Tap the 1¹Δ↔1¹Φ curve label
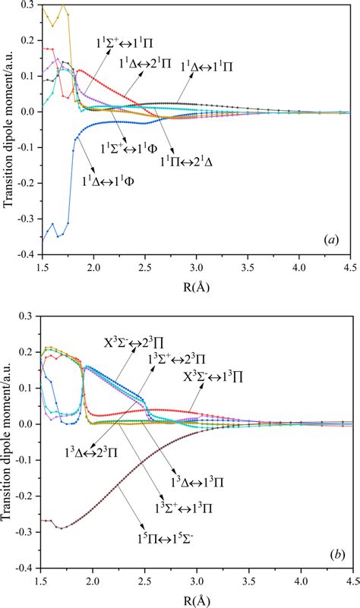point(117,182)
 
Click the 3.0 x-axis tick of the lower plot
point(197,579)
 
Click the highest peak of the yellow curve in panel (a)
point(63,6)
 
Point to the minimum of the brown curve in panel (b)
point(62,528)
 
